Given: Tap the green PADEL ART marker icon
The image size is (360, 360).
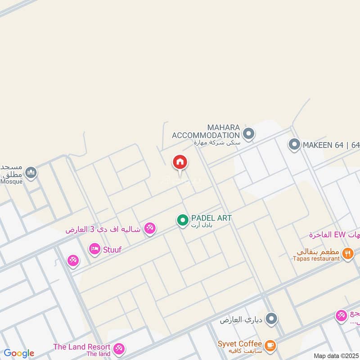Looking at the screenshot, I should tap(182, 220).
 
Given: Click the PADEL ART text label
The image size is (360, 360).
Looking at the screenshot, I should tap(211, 218).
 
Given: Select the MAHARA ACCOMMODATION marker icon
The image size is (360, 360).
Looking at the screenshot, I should tap(248, 134).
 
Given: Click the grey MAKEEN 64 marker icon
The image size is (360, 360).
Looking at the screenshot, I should tap(294, 145).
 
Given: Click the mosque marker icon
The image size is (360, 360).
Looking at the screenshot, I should tap(31, 172).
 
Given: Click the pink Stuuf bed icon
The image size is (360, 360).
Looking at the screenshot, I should tap(94, 248).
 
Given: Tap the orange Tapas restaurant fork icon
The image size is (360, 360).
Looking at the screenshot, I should tap(347, 253).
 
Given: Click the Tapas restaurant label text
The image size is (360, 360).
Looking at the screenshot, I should tap(316, 259).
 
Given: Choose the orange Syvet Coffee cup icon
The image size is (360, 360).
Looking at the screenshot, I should tap(270, 345).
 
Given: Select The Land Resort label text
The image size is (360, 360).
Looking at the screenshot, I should tap(81, 347).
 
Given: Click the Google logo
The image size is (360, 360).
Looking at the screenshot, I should tap(19, 354).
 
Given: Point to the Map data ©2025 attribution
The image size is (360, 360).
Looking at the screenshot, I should tap(336, 356).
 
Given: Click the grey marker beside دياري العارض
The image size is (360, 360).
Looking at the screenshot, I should tap(271, 320).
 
